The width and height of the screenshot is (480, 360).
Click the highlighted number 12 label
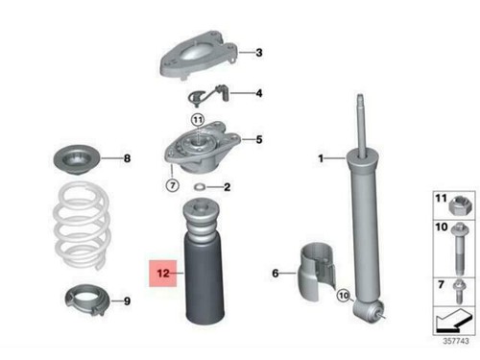pos(164,274)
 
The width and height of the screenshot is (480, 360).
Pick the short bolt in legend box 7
pos(457,287)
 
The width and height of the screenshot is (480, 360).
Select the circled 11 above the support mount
pos(198,119)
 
